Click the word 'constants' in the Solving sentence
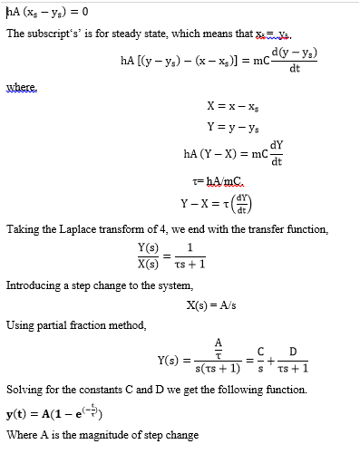[x=105, y=390]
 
